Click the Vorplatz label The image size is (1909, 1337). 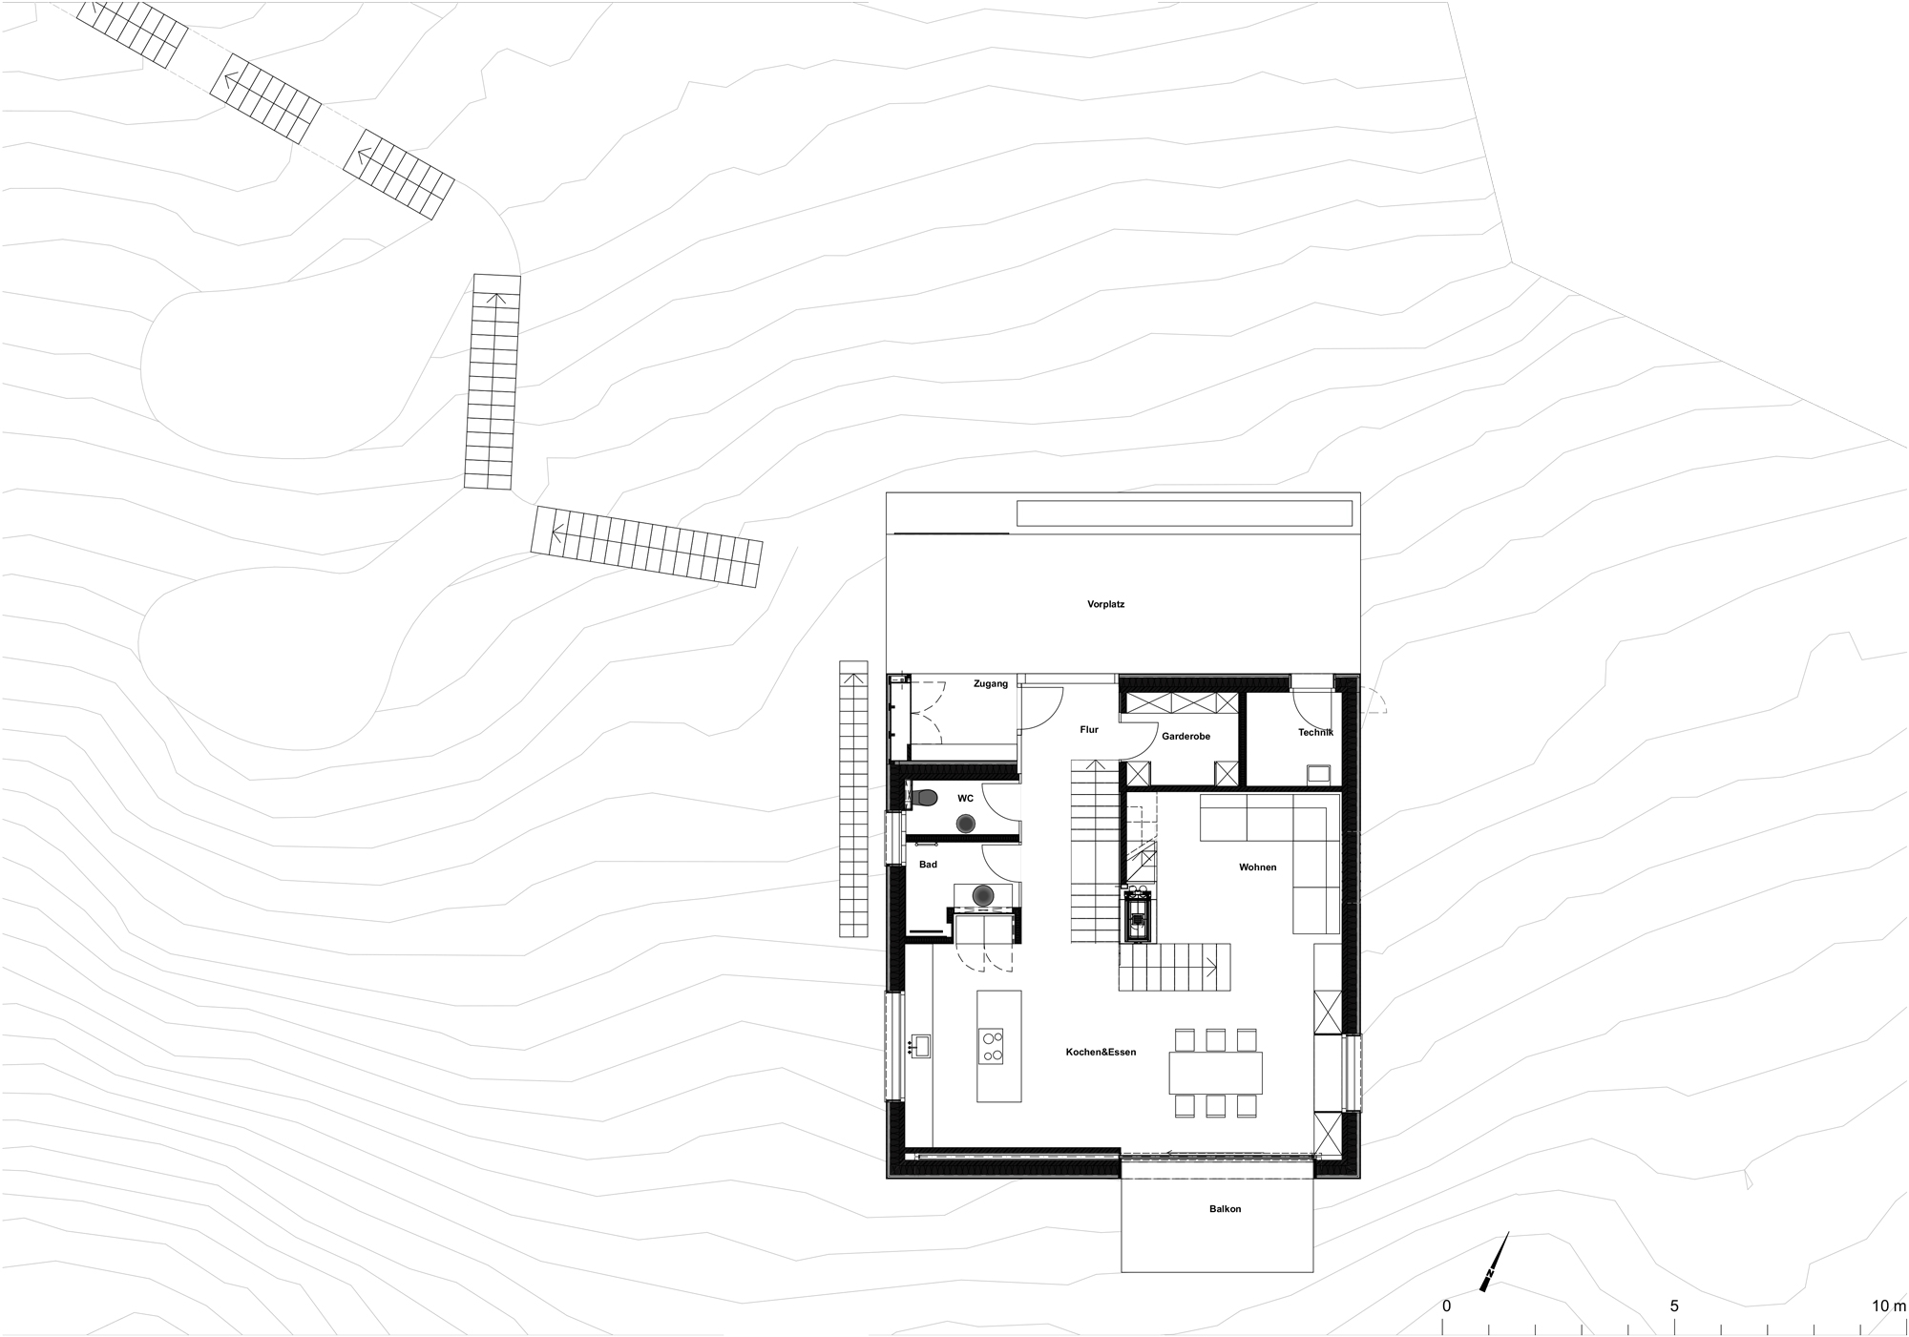coord(1105,604)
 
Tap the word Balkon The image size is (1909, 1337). coord(1225,1209)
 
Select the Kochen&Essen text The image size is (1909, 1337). coord(1101,1052)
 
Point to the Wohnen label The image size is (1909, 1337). coord(1257,867)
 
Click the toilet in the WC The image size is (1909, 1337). coord(921,796)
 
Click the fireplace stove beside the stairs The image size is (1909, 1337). coord(1137,916)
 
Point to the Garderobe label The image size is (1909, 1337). coord(1185,736)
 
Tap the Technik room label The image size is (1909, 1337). coord(1314,732)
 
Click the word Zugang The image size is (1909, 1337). coord(990,683)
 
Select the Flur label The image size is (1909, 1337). coord(1089,729)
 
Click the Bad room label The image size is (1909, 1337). coord(928,865)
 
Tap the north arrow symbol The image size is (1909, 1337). coord(1495,1262)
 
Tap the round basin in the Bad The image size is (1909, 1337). coord(983,895)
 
